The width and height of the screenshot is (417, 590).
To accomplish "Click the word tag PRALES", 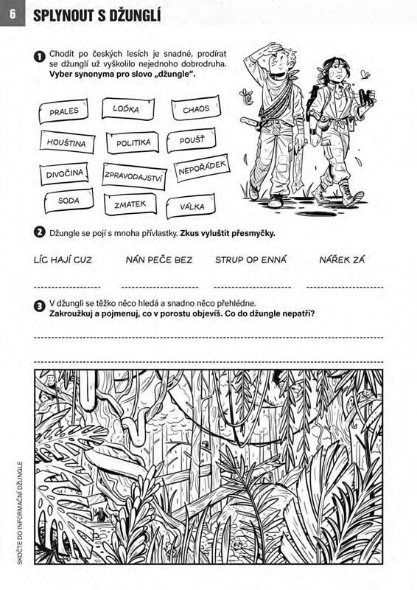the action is (x=63, y=111).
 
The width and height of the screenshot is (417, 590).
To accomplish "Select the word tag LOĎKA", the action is (x=128, y=108).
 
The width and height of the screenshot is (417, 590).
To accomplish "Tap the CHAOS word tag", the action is (x=195, y=108).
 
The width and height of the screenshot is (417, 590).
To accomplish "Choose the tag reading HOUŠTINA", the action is (x=67, y=142).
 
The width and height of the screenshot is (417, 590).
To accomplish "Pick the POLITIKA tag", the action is (x=133, y=142).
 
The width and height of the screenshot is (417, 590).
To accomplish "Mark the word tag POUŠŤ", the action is (x=192, y=140).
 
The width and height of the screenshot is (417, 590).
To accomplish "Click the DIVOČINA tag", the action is (x=64, y=174).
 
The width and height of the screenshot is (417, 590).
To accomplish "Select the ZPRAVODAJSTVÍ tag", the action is (x=134, y=176).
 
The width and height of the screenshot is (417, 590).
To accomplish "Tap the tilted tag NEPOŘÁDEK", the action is (x=202, y=168).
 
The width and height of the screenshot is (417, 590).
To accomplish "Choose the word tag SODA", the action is (x=69, y=201).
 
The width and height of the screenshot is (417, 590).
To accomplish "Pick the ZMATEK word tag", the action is (x=130, y=204).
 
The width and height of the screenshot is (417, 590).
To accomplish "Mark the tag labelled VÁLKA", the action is (x=191, y=206).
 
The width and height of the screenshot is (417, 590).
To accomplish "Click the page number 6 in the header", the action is (x=13, y=13).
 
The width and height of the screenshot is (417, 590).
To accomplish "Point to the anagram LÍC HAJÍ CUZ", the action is (x=63, y=260).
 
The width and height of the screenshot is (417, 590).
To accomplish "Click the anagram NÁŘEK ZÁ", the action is (x=342, y=260).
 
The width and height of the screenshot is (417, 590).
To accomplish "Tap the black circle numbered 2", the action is (x=40, y=232).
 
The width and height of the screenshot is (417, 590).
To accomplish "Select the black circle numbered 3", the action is (x=40, y=306).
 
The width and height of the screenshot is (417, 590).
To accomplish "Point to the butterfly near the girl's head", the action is (x=365, y=74).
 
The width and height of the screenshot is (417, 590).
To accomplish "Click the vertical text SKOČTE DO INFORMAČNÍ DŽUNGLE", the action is (x=20, y=513).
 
